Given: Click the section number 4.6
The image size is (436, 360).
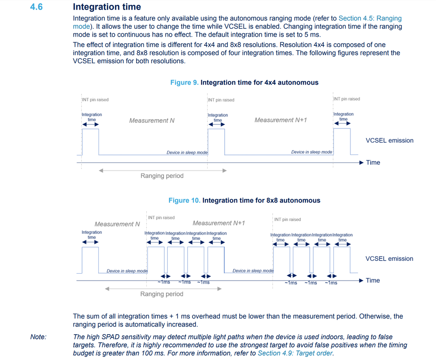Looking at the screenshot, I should [x=36, y=7].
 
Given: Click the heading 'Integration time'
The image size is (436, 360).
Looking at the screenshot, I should [x=107, y=7].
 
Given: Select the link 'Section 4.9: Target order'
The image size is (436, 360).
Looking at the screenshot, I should [x=295, y=353].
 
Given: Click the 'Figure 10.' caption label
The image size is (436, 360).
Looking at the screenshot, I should [x=184, y=200].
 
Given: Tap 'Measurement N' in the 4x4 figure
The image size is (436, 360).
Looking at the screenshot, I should [x=151, y=120].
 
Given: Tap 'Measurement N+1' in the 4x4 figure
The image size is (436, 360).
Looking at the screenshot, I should [x=281, y=120].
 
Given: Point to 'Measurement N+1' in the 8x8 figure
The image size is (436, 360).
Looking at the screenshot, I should [x=219, y=223].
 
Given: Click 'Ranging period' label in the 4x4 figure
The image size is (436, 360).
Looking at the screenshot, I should [x=162, y=176].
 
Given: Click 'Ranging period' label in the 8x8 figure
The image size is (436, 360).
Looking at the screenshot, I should [x=161, y=294].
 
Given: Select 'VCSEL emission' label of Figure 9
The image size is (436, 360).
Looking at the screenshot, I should [x=389, y=141].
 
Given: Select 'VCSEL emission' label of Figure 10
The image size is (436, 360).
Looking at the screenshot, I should [x=389, y=259].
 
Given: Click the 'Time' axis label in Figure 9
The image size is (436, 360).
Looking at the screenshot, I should [x=373, y=162].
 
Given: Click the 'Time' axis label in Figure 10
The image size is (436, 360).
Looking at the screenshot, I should [x=373, y=280].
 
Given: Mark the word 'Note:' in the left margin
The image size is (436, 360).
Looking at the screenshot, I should [x=38, y=336].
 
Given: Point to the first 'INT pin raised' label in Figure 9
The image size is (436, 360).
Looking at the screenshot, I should [x=95, y=100].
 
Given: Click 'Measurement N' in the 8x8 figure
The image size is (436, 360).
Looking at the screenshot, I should [x=117, y=224].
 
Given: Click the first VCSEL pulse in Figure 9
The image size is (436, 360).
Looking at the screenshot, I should [x=90, y=141].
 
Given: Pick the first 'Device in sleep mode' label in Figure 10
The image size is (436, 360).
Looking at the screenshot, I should [x=127, y=271].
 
